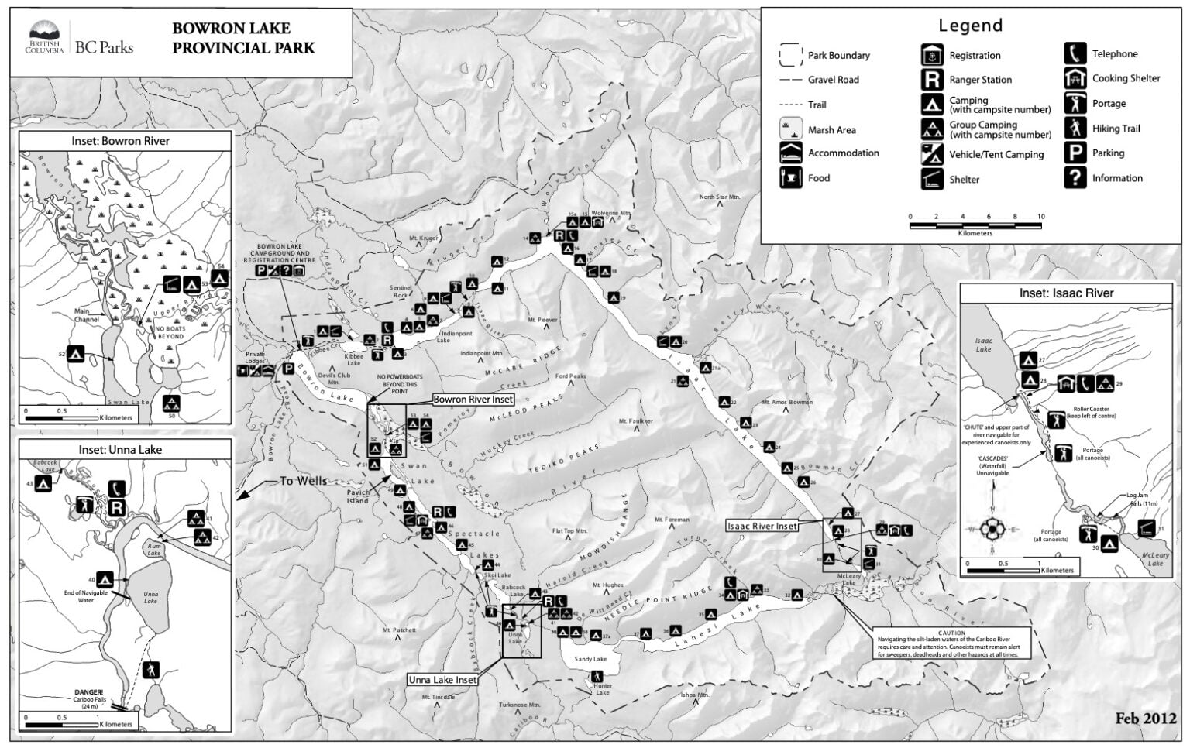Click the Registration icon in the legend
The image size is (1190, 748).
(932, 55)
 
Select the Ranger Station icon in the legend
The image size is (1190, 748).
(932, 79)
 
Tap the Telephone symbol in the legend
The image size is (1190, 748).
(1075, 53)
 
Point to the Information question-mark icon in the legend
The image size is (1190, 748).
(1075, 178)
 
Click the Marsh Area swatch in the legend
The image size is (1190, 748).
(790, 129)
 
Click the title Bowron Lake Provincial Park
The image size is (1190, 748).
(243, 38)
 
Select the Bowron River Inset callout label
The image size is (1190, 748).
(473, 400)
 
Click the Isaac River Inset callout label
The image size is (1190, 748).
(762, 526)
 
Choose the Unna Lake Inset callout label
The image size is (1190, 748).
(443, 680)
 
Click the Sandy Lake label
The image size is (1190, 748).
(590, 659)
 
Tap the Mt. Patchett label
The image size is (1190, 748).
(399, 630)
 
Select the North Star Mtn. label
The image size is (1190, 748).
(721, 197)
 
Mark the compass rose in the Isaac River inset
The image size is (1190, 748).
(992, 530)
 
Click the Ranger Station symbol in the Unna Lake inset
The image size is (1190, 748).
(116, 508)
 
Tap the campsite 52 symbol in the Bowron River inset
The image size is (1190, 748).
(75, 354)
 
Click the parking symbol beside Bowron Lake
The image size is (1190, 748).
(288, 369)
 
